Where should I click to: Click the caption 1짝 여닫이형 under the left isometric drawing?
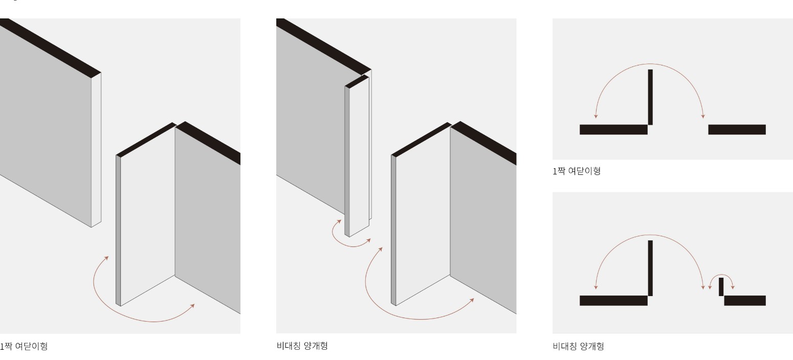click(24, 346)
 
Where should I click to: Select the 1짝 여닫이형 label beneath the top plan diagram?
click(577, 171)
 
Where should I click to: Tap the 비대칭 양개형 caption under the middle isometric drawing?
click(302, 346)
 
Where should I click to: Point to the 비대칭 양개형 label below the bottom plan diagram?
click(578, 346)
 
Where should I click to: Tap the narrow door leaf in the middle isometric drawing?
click(357, 156)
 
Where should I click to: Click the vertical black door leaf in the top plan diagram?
click(650, 97)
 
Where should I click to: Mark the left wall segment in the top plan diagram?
click(613, 129)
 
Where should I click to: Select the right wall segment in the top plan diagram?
click(737, 129)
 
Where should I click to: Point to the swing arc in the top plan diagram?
click(650, 64)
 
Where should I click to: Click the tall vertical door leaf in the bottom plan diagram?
click(650, 268)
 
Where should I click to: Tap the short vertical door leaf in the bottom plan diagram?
click(721, 287)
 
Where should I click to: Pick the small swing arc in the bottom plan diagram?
click(721, 274)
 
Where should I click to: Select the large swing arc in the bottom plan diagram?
click(650, 235)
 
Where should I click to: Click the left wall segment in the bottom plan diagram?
click(613, 301)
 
